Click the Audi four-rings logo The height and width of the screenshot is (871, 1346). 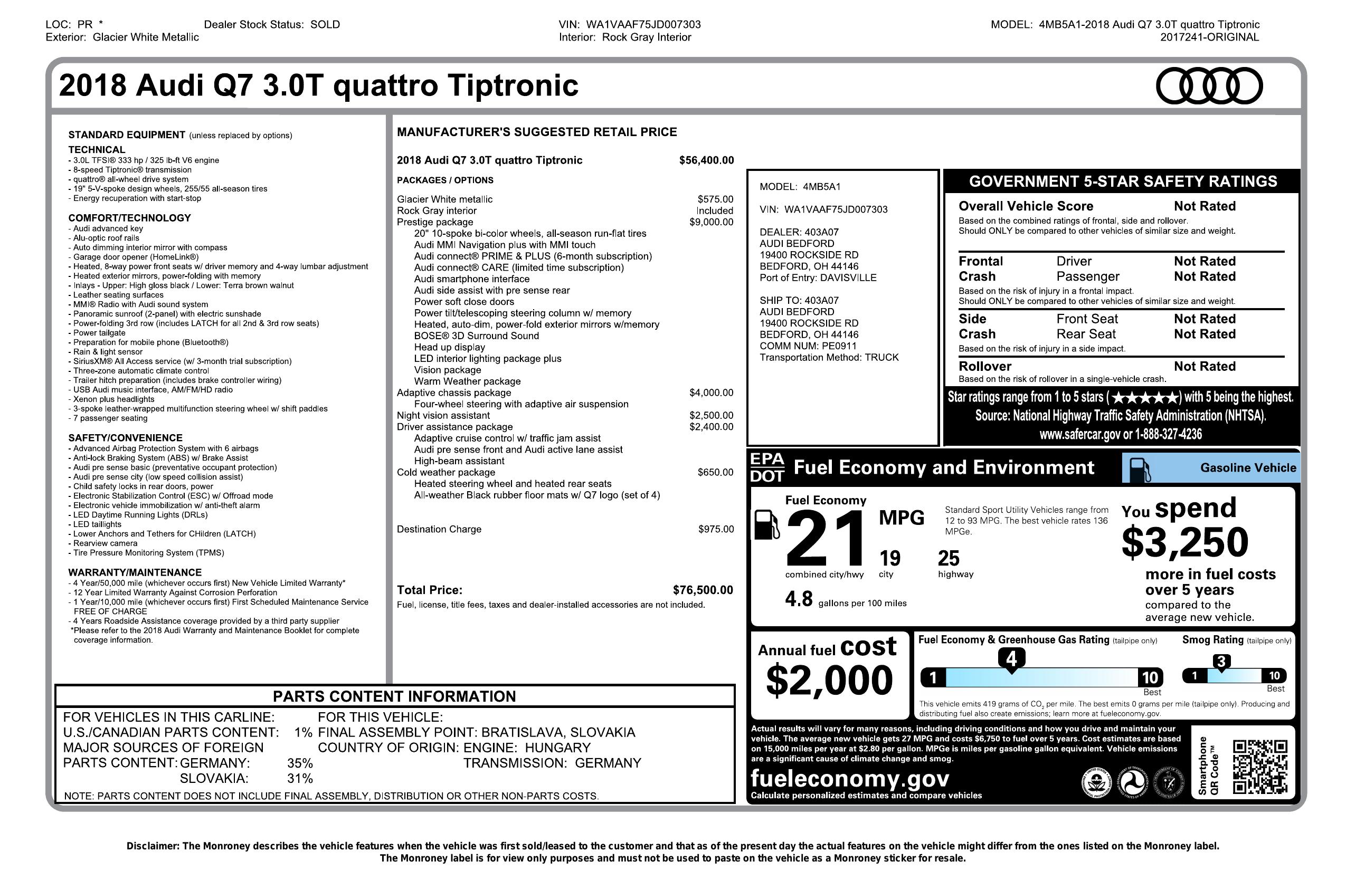point(1209,86)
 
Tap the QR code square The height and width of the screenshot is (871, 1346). point(1260,767)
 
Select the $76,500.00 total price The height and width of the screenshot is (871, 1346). point(703,590)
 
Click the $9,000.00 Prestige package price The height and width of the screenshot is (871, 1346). point(711,222)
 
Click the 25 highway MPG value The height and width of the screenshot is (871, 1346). point(949,559)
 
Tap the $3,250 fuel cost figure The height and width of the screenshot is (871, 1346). point(1185,542)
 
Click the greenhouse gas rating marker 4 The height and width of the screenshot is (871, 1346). point(1011,659)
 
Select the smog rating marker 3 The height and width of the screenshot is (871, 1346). point(1221,662)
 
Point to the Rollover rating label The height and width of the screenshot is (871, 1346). point(984,366)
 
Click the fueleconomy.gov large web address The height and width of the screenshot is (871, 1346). point(849,778)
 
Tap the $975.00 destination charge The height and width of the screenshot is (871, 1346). point(716,529)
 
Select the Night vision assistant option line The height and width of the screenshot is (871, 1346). point(443,415)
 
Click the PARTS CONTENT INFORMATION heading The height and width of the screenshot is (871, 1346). point(394,696)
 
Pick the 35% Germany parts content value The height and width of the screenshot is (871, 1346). point(300,763)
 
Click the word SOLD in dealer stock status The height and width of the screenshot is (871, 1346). point(325,24)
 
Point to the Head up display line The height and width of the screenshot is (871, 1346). point(449,347)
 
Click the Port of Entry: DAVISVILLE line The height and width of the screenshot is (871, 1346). point(818,277)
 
